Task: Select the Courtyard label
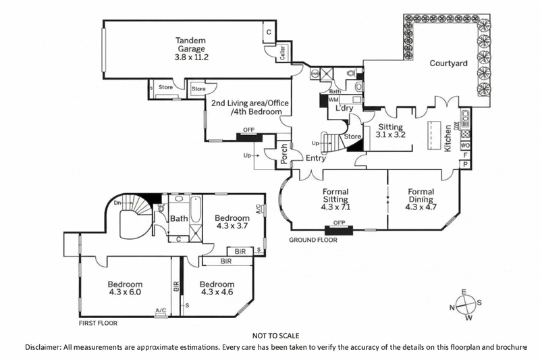449,64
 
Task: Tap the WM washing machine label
333,100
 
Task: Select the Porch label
284,155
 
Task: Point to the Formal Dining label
421,195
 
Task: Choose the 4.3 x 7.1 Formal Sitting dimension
335,208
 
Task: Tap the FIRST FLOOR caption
98,324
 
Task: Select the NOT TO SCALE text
275,336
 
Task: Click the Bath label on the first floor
179,218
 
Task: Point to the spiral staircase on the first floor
132,220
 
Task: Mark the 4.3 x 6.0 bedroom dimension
124,293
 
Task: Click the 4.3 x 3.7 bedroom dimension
232,228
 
